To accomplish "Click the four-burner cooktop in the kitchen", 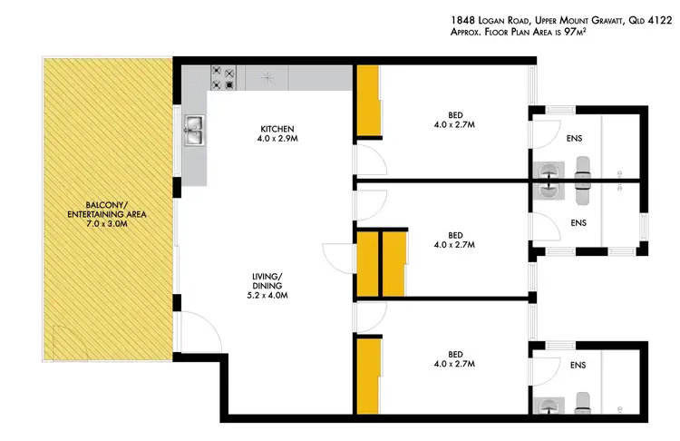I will click(223, 78).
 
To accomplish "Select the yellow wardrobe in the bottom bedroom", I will click(367, 373).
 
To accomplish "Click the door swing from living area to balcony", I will click(198, 328).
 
